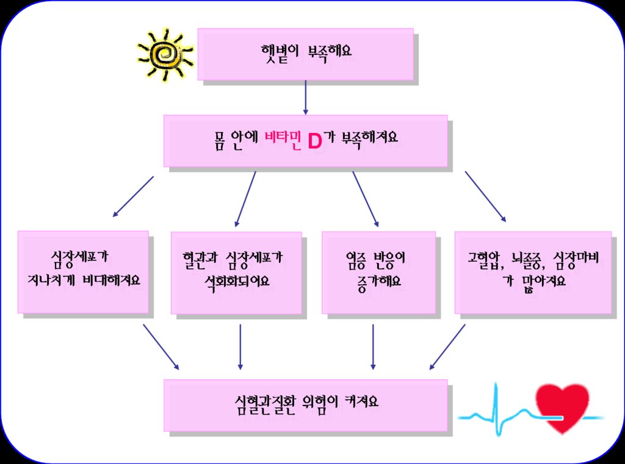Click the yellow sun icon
[x=165, y=54]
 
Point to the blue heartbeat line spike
[x=496, y=410]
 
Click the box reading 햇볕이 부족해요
[x=305, y=54]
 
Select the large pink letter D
[x=315, y=141]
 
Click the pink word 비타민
[x=283, y=138]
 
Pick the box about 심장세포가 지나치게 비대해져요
[x=83, y=271]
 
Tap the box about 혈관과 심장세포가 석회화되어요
[x=236, y=273]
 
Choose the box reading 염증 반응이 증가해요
[x=378, y=273]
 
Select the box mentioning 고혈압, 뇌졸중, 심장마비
[x=533, y=273]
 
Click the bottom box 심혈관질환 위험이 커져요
[x=305, y=405]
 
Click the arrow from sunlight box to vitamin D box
[x=306, y=98]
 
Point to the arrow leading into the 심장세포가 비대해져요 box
[x=133, y=196]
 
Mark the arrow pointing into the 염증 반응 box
[x=366, y=199]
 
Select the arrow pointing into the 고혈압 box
[x=485, y=196]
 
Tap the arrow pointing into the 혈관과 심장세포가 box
[x=245, y=199]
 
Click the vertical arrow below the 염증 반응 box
[x=373, y=347]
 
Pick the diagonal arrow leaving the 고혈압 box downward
[x=447, y=347]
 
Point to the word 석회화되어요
[x=237, y=282]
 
